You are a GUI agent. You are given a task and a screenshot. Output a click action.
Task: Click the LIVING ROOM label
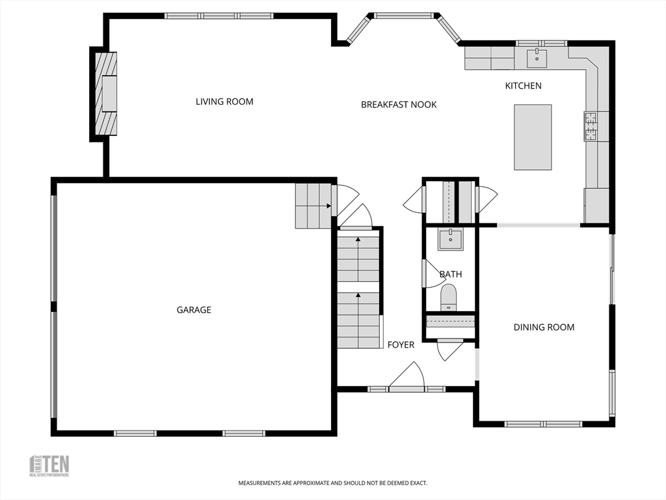tap(224, 102)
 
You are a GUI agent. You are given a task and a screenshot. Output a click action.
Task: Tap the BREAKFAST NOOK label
tap(399, 104)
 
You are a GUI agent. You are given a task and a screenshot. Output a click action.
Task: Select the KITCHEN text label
tap(523, 86)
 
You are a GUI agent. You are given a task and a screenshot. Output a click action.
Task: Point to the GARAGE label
tap(194, 310)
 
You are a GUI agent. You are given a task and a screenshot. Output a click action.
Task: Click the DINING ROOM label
tap(544, 327)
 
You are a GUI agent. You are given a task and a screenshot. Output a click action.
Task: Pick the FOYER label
tap(401, 344)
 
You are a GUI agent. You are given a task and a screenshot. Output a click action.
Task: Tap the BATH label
tap(450, 274)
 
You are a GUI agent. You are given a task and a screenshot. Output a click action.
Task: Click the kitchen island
tap(533, 137)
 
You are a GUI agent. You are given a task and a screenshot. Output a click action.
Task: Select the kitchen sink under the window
tap(537, 58)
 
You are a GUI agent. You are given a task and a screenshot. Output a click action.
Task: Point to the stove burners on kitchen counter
tap(591, 126)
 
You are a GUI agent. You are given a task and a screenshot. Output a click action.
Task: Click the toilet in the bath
tap(449, 298)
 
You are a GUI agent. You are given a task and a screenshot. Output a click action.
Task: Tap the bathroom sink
tap(450, 239)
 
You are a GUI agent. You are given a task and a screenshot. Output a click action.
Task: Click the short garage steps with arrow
tap(313, 206)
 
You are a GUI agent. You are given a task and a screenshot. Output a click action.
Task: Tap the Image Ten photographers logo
tap(49, 465)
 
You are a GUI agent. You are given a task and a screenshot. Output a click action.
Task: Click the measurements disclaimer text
tap(332, 483)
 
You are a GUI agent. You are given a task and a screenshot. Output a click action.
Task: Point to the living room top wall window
tap(219, 16)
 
